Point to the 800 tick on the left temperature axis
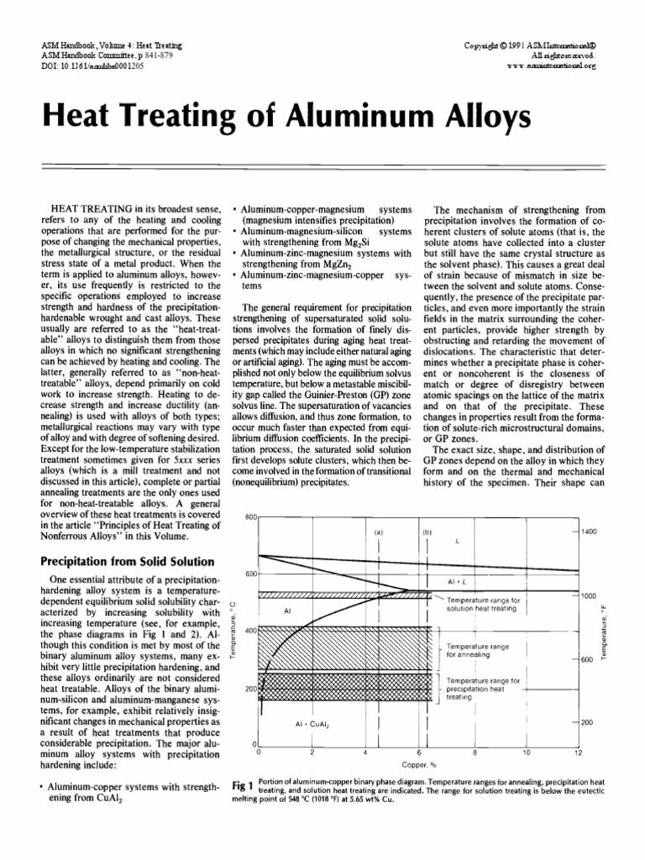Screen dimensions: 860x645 point(249,517)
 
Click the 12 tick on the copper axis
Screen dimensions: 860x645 point(577,752)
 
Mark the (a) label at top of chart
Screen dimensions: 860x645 point(379,532)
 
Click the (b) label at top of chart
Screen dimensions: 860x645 point(427,532)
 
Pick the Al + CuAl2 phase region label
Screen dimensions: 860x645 point(312,723)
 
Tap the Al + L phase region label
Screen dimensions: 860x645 point(457,580)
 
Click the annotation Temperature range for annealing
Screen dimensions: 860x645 point(478,649)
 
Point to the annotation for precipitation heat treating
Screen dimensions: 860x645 point(483,688)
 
